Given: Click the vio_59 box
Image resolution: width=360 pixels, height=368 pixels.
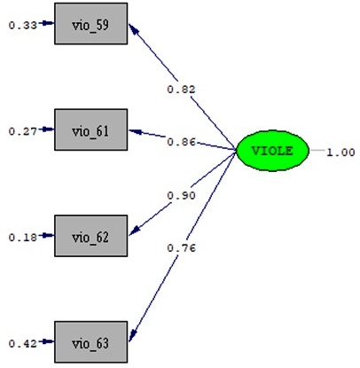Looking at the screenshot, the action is point(91,24).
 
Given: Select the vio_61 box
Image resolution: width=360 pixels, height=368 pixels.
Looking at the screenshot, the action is point(91,129).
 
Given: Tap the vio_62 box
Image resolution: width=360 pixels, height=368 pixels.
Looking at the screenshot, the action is point(91,236).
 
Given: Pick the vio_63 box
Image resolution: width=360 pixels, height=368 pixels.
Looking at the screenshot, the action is point(91,342).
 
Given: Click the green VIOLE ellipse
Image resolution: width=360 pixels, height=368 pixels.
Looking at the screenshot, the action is point(272,151).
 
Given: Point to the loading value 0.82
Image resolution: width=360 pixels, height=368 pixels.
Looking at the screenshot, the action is point(181,90).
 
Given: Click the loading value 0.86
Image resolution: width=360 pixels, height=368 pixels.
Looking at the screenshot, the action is point(181,142).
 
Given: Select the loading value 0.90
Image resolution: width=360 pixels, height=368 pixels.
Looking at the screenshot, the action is point(181,195).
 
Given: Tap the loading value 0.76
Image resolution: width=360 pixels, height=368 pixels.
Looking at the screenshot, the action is point(181,248).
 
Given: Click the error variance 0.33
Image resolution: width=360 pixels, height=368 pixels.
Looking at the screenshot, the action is point(23,26).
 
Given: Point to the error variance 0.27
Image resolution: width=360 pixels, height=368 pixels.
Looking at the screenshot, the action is point(23,131).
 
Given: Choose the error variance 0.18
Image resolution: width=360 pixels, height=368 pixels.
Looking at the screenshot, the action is point(23,238).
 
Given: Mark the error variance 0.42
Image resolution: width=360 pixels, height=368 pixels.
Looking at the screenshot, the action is point(23,343).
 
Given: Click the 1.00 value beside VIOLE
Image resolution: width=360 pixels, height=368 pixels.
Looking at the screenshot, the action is point(340,153).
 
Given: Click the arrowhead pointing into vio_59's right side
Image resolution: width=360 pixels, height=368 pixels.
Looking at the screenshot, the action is point(133,28).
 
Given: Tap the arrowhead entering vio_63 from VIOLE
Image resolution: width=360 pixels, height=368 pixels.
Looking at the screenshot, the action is point(133,336).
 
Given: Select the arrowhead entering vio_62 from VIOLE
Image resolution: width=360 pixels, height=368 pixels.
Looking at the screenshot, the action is point(134,231).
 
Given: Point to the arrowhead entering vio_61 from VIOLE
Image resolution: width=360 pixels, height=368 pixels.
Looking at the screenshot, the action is point(135,131).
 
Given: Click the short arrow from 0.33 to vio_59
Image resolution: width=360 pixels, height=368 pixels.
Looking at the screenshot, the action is point(46,23).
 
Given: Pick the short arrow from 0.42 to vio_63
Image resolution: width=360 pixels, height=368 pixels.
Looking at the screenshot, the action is point(46,341).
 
